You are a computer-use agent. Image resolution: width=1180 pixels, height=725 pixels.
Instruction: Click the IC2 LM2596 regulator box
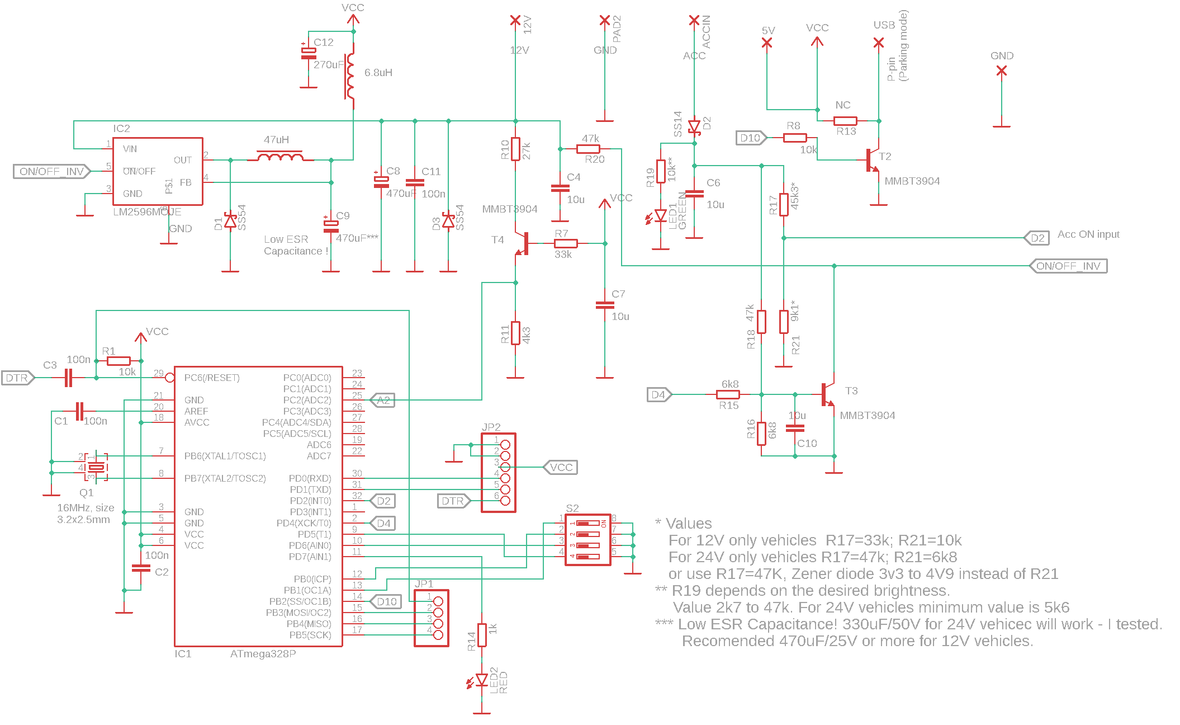(158, 171)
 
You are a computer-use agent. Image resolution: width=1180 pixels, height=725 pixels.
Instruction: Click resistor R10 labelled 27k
(515, 149)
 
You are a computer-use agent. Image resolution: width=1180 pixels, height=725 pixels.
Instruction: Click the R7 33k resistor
(566, 243)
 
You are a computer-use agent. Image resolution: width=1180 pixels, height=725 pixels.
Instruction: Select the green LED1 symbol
(661, 216)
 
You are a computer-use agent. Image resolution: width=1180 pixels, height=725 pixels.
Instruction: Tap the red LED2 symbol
(481, 680)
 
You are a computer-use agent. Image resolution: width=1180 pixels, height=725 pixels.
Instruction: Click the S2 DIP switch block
(588, 540)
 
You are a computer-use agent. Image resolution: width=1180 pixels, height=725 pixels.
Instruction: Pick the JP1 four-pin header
(432, 618)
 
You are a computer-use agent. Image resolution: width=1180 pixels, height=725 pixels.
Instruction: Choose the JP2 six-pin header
(499, 473)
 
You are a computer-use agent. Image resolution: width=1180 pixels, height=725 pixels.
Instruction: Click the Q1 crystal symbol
(97, 467)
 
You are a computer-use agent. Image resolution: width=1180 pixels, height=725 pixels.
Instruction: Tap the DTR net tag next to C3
(17, 378)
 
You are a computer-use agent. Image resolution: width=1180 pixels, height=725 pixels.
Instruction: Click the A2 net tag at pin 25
(383, 401)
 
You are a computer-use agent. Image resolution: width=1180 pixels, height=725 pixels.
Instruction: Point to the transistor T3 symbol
(827, 394)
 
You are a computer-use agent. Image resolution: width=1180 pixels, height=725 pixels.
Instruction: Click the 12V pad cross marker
(515, 21)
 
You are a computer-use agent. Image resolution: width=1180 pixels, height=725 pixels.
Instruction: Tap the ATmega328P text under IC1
(263, 653)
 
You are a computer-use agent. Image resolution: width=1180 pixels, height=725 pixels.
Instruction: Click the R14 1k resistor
(481, 635)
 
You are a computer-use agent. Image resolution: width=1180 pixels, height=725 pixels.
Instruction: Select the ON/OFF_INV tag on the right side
(1068, 266)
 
